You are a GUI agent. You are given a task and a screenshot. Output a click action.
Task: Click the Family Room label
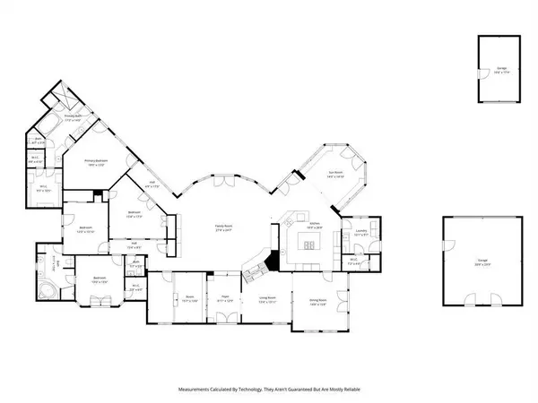tap(223, 227)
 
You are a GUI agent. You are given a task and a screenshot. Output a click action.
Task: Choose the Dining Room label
tap(317, 303)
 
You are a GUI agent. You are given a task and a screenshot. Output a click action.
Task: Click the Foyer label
tap(225, 299)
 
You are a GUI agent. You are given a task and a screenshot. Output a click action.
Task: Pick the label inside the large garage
tap(482, 264)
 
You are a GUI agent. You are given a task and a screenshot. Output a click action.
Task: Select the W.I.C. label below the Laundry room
tap(353, 262)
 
